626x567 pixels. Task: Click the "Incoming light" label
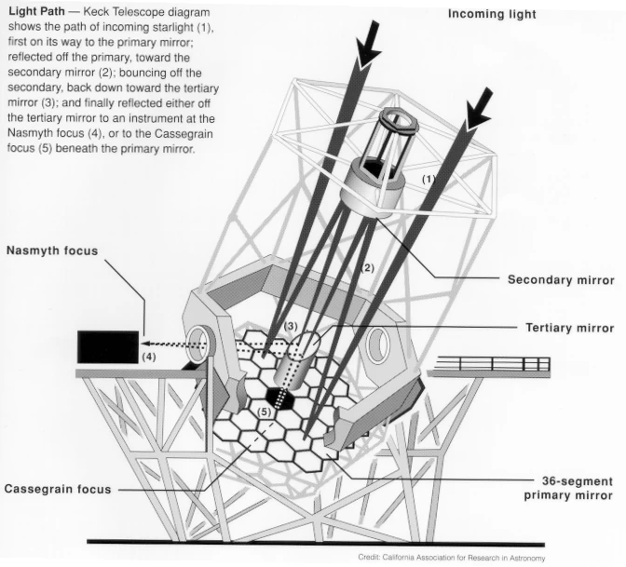pos(492,14)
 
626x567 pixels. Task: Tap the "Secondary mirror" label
pos(561,280)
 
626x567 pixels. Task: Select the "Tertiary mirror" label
pos(570,328)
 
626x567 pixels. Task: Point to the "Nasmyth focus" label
pos(52,250)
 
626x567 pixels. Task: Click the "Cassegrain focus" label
pos(58,489)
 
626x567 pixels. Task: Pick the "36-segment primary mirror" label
pos(568,489)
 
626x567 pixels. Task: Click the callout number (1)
pos(429,179)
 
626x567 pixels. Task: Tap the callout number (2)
pos(367,268)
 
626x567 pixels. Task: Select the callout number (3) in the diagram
pos(291,326)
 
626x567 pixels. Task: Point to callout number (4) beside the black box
pos(149,357)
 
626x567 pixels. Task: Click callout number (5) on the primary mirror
pos(264,412)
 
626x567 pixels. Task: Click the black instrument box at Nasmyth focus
pos(108,346)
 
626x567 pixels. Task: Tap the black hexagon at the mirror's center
pos(279,398)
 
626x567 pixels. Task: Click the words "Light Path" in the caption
pos(36,11)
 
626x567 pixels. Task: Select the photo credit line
pos(451,558)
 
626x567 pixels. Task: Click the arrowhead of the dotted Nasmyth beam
pos(146,344)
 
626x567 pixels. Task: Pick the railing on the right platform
pos(492,364)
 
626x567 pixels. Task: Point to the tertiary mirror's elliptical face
pos(306,344)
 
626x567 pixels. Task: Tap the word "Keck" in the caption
pos(96,11)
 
